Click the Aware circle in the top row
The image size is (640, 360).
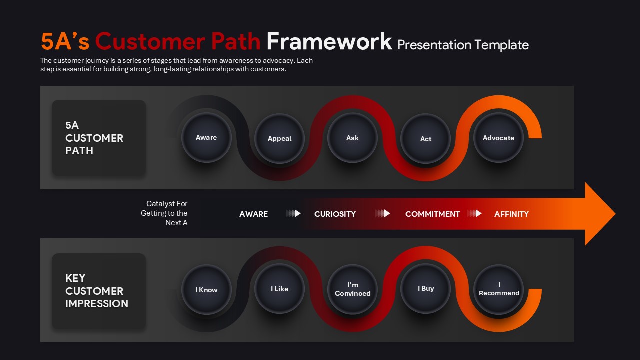(x=206, y=138)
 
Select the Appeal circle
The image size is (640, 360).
(x=279, y=139)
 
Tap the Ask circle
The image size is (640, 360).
(x=352, y=138)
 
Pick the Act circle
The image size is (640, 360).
(x=425, y=139)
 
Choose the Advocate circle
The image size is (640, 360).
(x=498, y=138)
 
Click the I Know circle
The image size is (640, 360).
(x=206, y=290)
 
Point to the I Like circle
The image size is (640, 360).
(x=279, y=289)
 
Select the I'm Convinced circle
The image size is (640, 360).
(x=352, y=290)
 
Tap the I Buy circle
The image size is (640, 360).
(x=425, y=289)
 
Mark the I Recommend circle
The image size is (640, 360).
(x=498, y=290)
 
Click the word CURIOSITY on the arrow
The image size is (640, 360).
(x=335, y=214)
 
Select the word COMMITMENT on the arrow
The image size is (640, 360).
(x=432, y=214)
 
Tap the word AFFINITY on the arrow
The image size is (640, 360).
(x=511, y=214)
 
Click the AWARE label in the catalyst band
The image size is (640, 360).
(x=253, y=214)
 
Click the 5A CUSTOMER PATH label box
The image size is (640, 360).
(x=99, y=138)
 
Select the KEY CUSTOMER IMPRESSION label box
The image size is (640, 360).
(x=99, y=291)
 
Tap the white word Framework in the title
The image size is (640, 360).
(x=329, y=42)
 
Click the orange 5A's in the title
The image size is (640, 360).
(x=65, y=42)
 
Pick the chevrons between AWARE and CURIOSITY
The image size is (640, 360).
(x=293, y=214)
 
